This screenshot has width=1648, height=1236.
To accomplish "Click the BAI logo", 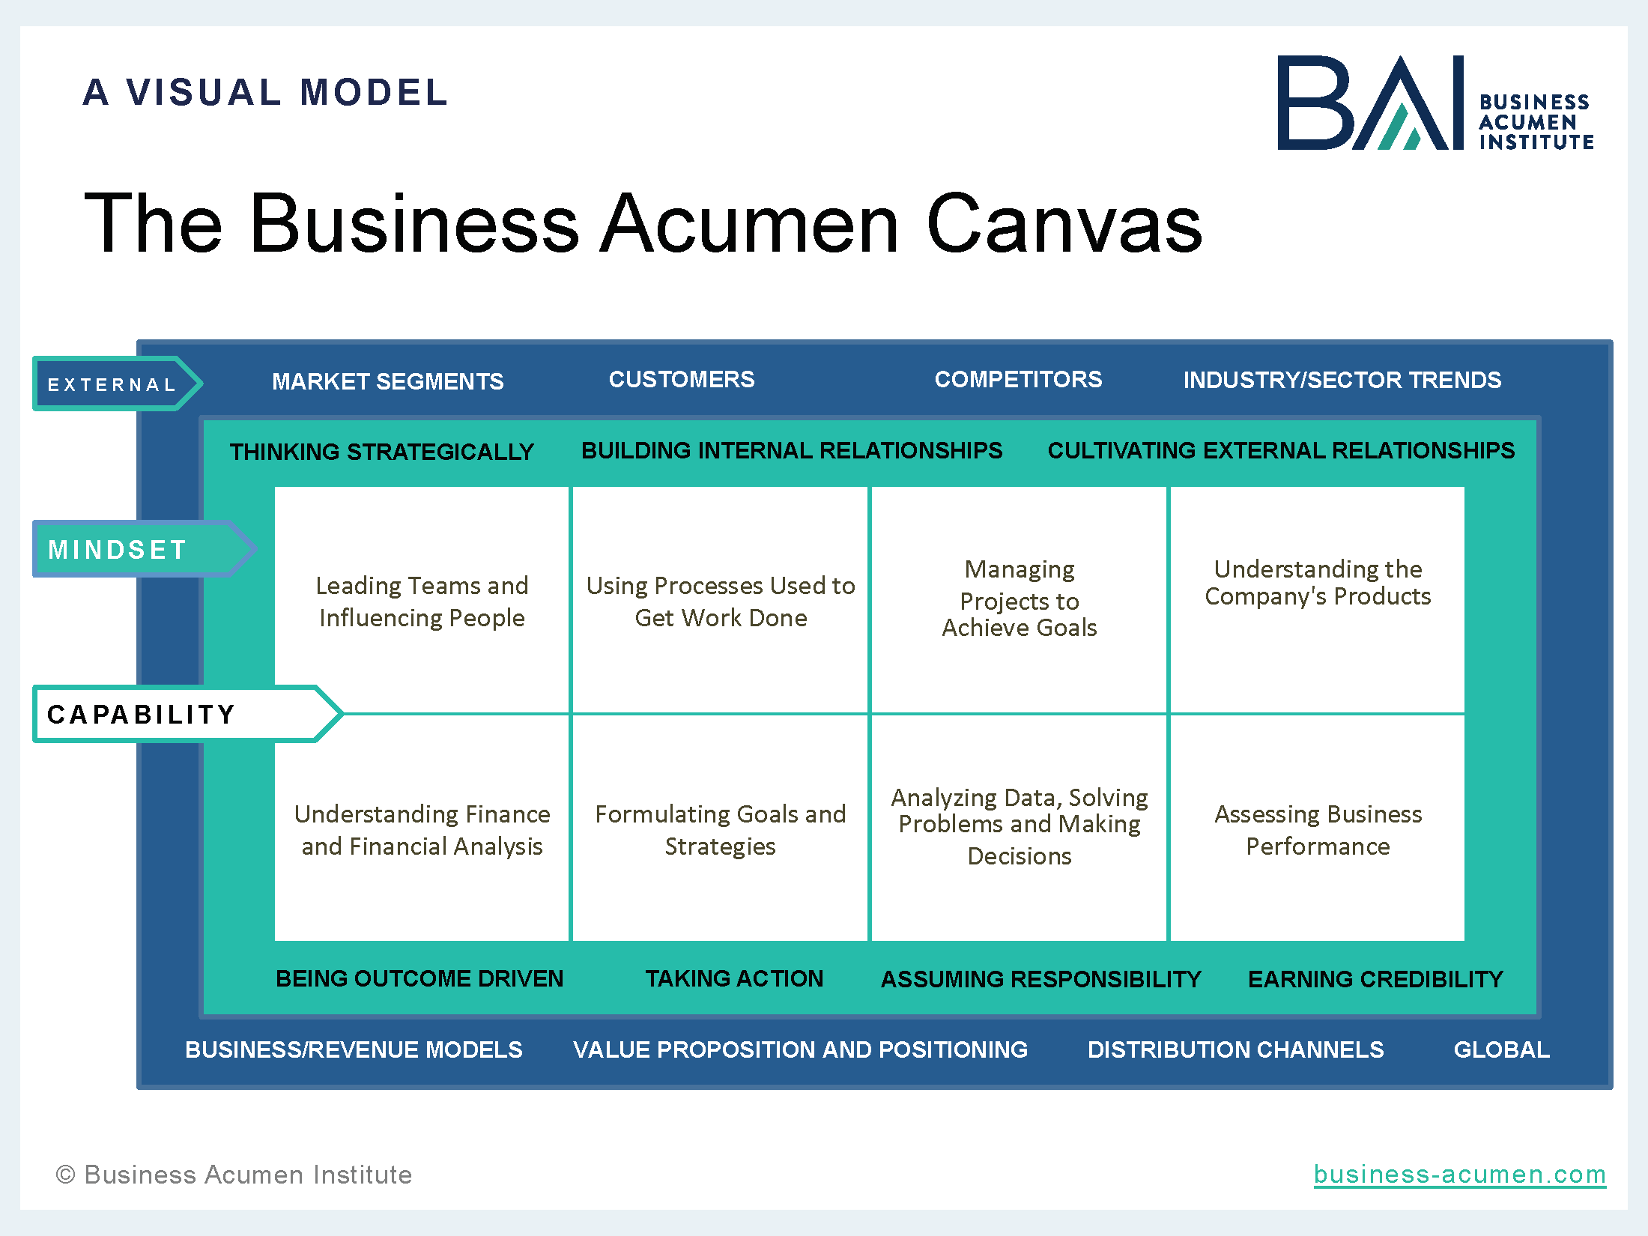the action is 1435,103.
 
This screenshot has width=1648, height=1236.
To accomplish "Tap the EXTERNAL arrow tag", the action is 117,384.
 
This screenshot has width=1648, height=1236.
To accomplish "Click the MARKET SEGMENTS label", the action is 388,381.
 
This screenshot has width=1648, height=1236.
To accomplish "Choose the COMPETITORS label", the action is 1018,379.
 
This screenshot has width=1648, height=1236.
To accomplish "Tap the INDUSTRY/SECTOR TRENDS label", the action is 1342,380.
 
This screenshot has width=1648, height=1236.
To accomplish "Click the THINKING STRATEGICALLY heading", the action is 382,452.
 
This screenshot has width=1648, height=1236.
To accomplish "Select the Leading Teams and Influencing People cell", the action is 422,601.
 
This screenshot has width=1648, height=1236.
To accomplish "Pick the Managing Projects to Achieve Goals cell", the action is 1019,601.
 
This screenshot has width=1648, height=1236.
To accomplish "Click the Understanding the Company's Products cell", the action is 1318,601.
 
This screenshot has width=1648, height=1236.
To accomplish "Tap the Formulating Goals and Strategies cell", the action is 721,828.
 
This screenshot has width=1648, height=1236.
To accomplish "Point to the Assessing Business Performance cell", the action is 1318,828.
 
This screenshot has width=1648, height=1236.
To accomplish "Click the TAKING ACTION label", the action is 734,978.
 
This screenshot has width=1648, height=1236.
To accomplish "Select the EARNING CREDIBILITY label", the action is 1375,979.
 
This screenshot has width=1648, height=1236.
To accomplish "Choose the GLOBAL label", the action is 1502,1049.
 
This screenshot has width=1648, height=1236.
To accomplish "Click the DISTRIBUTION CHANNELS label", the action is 1235,1049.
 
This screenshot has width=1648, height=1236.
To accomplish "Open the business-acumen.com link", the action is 1460,1175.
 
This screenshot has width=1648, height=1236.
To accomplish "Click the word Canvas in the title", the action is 1064,223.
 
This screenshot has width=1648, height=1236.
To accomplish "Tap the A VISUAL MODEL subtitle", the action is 265,92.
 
